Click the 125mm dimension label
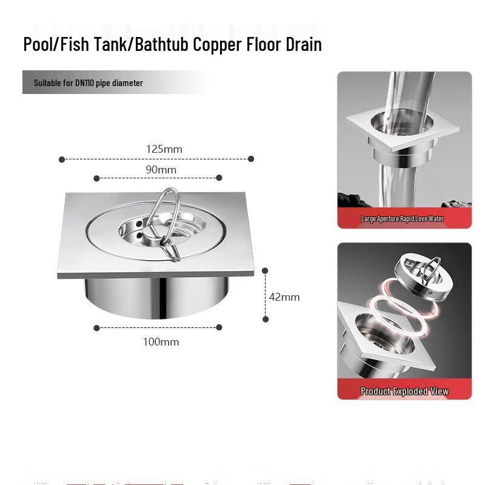[x=164, y=149]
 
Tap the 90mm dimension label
[x=161, y=170]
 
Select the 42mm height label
[x=284, y=297]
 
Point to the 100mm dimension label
[x=161, y=342]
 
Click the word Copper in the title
[x=221, y=45]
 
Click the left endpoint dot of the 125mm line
[x=62, y=159]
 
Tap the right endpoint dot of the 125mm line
[x=251, y=159]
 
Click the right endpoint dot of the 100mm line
[x=219, y=327]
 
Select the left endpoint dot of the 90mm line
[x=96, y=178]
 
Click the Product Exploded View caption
[x=404, y=391]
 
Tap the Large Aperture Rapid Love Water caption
[x=403, y=219]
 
